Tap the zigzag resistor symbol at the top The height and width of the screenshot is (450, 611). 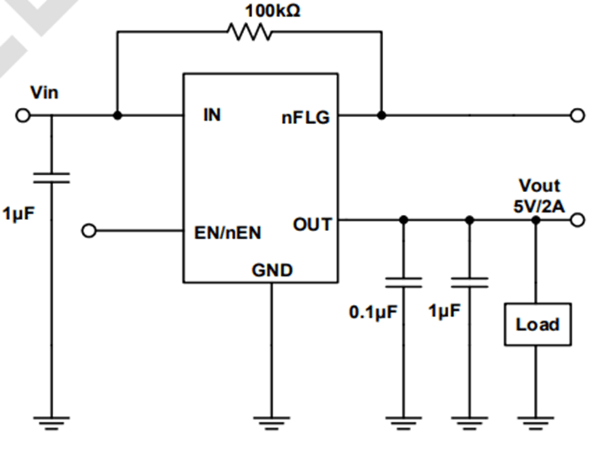pyautogui.click(x=249, y=32)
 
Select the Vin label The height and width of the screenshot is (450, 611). pyautogui.click(x=44, y=91)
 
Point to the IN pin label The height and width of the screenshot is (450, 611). pyautogui.click(x=212, y=115)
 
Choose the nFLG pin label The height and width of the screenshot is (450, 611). pyautogui.click(x=305, y=118)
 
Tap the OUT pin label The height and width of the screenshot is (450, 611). pyautogui.click(x=312, y=224)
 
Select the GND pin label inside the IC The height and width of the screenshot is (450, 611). pyautogui.click(x=272, y=271)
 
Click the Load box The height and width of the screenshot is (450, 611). pyautogui.click(x=537, y=324)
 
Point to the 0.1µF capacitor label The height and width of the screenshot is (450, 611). pyautogui.click(x=373, y=313)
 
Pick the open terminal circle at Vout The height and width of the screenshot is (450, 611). pyautogui.click(x=577, y=221)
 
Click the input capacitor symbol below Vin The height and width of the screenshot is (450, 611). pyautogui.click(x=51, y=177)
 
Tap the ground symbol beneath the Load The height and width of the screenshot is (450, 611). pyautogui.click(x=537, y=419)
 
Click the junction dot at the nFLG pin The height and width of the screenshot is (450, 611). pyautogui.click(x=381, y=115)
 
